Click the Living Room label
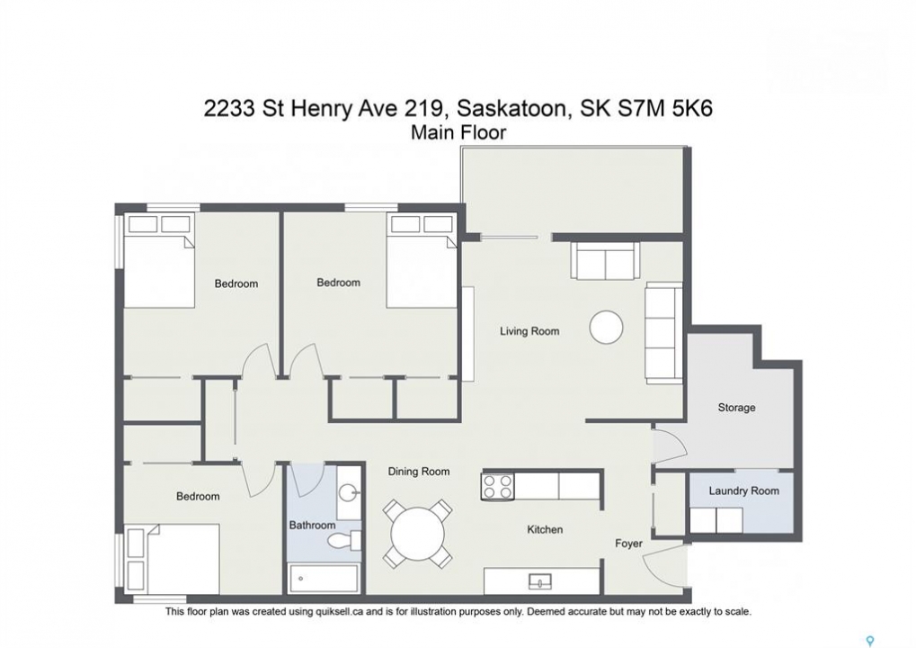(x=529, y=331)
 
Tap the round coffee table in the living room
(x=607, y=327)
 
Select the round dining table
(x=417, y=534)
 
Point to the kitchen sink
(x=540, y=581)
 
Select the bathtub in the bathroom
(x=324, y=579)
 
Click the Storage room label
(x=736, y=408)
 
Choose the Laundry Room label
(x=743, y=490)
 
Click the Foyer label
(x=628, y=544)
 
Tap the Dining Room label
(x=419, y=472)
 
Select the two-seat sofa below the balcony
(x=605, y=260)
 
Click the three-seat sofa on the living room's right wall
(x=663, y=333)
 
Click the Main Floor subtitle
(x=458, y=133)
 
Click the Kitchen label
(x=545, y=529)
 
